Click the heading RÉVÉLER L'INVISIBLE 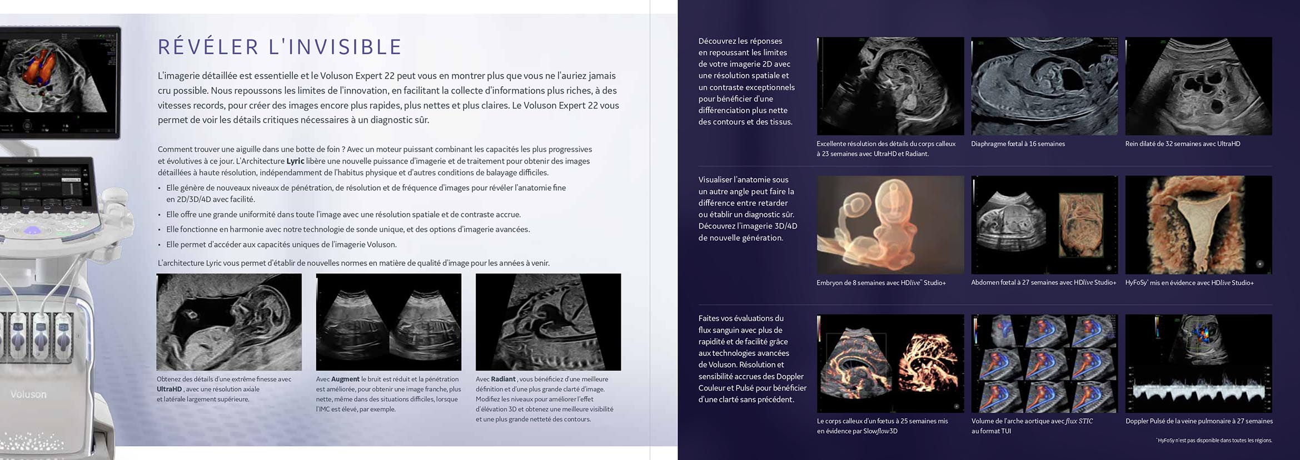[x=280, y=47]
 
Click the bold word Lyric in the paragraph [x=295, y=161]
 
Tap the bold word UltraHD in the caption [x=169, y=389]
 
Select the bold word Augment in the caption [x=345, y=379]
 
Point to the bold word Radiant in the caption [x=503, y=379]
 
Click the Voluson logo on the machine [x=28, y=394]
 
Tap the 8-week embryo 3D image [x=890, y=225]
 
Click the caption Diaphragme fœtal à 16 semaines [x=1018, y=144]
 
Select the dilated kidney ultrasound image [x=1198, y=86]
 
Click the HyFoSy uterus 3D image [x=1198, y=225]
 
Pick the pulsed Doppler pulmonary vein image [x=1198, y=363]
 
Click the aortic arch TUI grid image [x=1044, y=363]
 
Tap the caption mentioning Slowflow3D [x=882, y=426]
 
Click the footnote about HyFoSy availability [x=1214, y=441]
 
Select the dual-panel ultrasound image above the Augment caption [x=388, y=322]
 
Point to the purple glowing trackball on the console [x=32, y=230]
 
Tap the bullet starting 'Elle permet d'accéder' [x=281, y=245]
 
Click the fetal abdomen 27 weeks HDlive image [x=1044, y=225]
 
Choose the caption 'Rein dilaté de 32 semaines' [x=1182, y=144]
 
